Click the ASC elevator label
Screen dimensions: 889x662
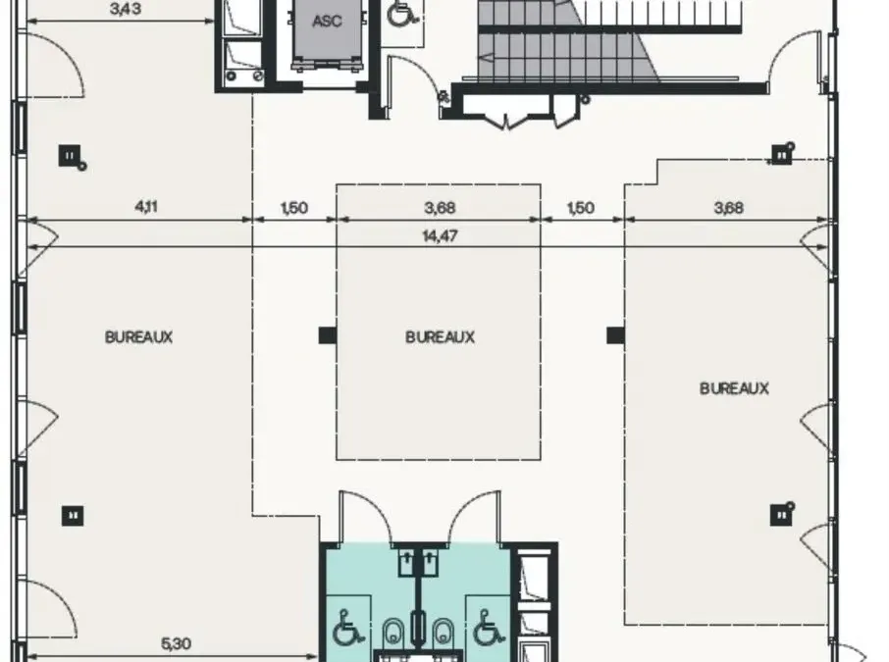[327, 22]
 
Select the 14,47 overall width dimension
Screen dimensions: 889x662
[440, 235]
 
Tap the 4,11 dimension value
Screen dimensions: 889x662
[146, 207]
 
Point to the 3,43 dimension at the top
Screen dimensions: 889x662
[126, 9]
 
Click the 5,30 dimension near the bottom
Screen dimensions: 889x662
[177, 644]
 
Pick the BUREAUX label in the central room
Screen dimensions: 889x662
[440, 337]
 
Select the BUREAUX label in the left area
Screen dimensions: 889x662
[139, 337]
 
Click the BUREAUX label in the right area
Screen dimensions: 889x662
[734, 388]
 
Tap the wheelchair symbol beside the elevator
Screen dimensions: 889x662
[402, 13]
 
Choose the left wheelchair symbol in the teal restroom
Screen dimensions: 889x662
[347, 628]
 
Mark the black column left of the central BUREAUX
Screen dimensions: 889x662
[328, 335]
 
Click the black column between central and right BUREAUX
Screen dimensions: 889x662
[615, 335]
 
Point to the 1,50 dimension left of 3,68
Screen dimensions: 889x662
[294, 208]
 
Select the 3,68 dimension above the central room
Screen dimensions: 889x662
[440, 208]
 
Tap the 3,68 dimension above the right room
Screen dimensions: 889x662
[728, 208]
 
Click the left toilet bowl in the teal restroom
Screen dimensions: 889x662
[393, 632]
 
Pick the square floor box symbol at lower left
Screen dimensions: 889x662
[73, 516]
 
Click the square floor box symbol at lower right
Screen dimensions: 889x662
[782, 514]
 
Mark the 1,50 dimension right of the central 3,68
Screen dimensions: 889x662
[581, 208]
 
